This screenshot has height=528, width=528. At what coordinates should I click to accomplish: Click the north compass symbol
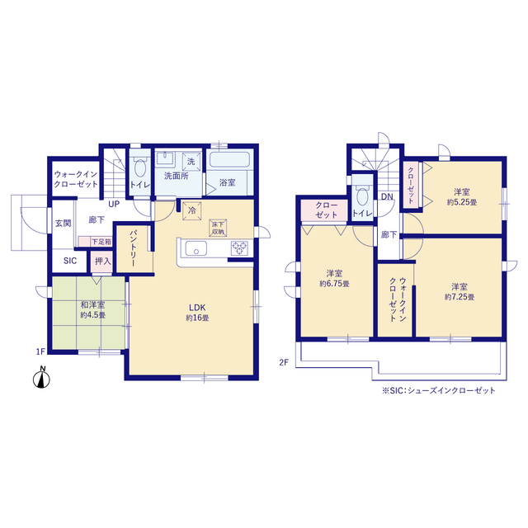(x=41, y=378)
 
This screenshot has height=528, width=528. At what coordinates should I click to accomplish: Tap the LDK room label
(x=197, y=308)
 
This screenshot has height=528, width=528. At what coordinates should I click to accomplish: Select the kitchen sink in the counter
(x=196, y=249)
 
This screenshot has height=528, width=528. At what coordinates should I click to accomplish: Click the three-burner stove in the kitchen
(x=239, y=248)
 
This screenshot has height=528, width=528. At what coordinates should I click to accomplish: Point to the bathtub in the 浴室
(x=229, y=159)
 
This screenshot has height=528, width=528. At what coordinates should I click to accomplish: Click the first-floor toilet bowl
(x=140, y=167)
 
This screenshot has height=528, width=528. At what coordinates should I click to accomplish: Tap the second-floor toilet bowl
(x=363, y=196)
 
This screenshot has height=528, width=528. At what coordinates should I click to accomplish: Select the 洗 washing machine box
(x=191, y=162)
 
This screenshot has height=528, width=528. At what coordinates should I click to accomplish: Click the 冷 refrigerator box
(x=191, y=211)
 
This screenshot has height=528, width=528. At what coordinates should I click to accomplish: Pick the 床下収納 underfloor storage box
(x=218, y=228)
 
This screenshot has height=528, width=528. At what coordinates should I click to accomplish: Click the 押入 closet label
(x=102, y=261)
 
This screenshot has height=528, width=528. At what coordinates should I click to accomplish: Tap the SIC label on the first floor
(x=70, y=261)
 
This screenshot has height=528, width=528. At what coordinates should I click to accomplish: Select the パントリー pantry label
(x=134, y=248)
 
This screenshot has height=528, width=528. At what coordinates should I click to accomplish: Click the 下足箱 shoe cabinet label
(x=101, y=242)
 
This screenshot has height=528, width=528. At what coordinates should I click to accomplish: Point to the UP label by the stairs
(x=114, y=204)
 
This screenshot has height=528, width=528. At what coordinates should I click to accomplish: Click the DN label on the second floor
(x=387, y=196)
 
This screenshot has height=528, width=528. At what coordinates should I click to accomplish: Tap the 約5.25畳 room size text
(x=462, y=202)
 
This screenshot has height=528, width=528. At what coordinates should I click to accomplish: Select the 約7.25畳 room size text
(x=460, y=297)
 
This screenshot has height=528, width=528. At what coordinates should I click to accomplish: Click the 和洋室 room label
(x=92, y=305)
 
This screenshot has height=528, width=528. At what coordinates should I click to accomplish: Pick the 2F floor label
(x=284, y=362)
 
